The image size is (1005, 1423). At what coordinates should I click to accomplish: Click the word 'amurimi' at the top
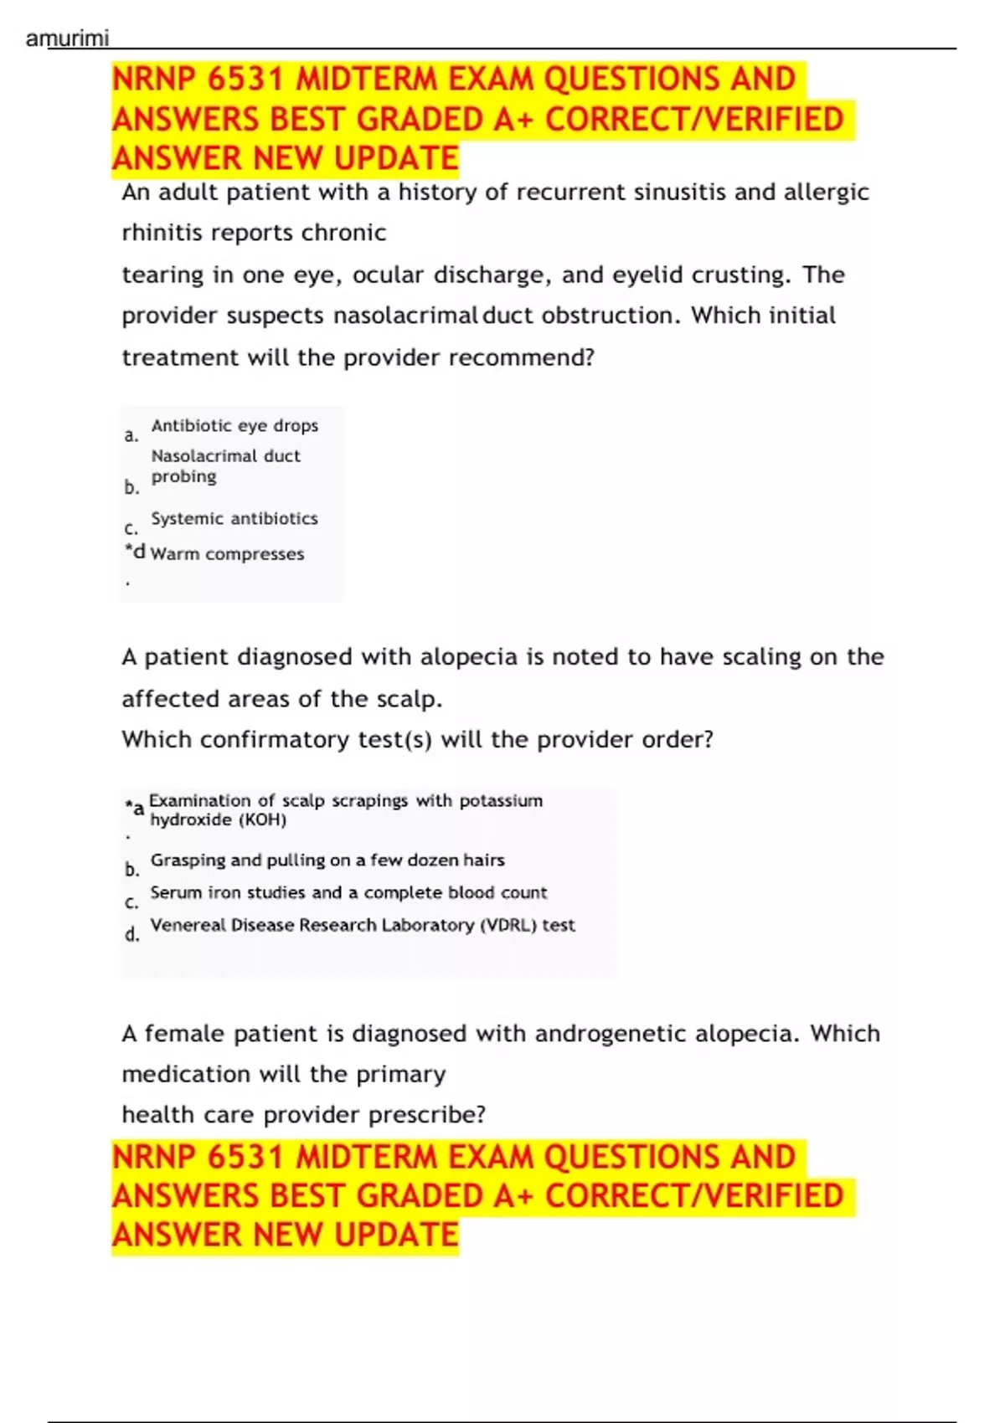(x=67, y=39)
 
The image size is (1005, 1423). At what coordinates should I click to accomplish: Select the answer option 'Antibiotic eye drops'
(x=234, y=425)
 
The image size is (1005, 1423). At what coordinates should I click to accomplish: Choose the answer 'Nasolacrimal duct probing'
(x=224, y=465)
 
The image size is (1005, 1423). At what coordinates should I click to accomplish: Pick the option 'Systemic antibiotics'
(x=234, y=518)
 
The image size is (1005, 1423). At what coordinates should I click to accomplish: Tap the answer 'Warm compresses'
(x=227, y=553)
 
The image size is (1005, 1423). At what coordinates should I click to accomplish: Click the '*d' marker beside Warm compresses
(x=134, y=552)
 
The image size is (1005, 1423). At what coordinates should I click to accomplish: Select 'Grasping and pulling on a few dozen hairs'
(x=327, y=860)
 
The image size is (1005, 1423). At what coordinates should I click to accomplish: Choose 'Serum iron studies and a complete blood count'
(x=348, y=892)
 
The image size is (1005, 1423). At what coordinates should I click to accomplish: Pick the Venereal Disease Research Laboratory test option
(x=363, y=925)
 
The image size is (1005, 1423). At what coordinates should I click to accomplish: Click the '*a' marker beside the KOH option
(x=135, y=808)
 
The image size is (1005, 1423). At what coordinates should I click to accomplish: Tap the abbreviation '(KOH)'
(x=263, y=819)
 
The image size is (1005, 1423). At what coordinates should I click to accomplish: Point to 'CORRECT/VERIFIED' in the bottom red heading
(x=694, y=1195)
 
